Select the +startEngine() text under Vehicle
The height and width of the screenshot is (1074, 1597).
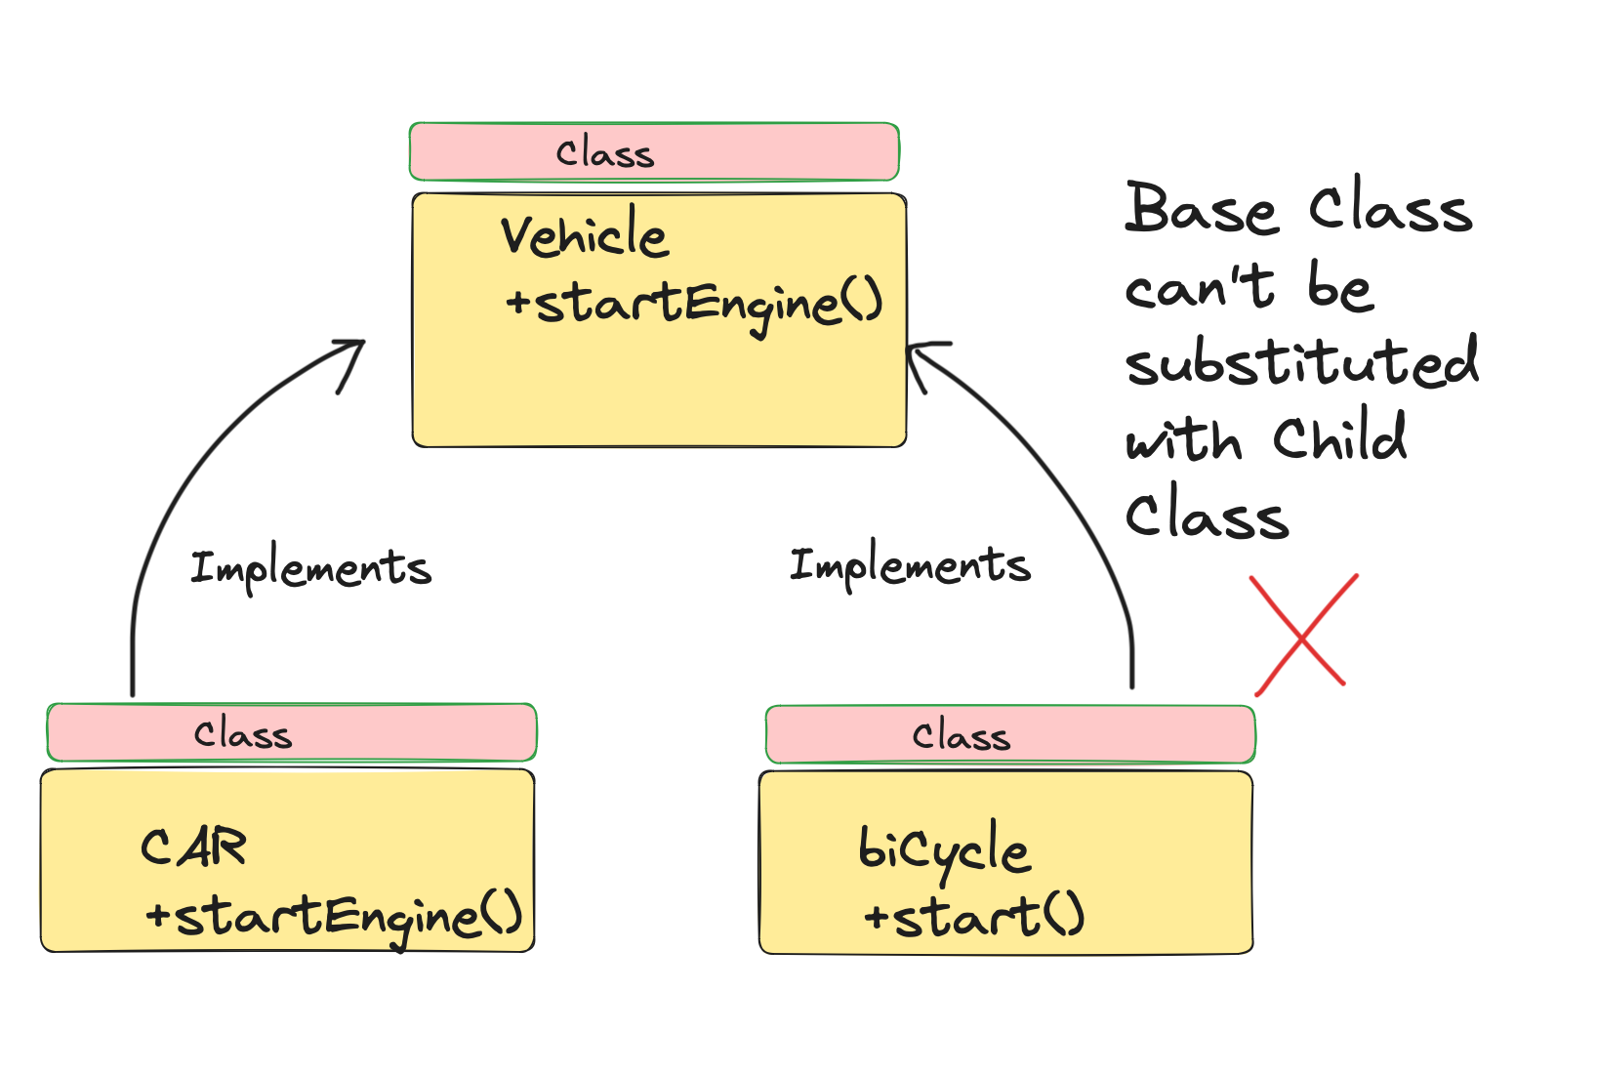tap(694, 303)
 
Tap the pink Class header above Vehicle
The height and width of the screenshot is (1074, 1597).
tap(654, 152)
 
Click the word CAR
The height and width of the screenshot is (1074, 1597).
tap(193, 847)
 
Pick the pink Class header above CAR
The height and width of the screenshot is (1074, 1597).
tap(291, 733)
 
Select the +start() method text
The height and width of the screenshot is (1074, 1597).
tap(973, 917)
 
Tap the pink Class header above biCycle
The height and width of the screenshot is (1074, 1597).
tap(1010, 735)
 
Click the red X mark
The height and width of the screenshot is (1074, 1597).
tap(1303, 636)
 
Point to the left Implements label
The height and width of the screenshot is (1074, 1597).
tap(310, 568)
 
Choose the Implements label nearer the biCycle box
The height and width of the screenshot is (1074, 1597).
tap(909, 565)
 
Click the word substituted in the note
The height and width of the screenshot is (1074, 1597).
tap(1301, 363)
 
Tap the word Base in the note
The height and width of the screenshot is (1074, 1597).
tap(1201, 209)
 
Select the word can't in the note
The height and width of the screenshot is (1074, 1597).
tap(1199, 287)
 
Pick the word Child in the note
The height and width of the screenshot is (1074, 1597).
tap(1339, 439)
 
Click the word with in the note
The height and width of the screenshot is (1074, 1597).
tap(1183, 441)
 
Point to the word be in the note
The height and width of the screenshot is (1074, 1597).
tap(1339, 287)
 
